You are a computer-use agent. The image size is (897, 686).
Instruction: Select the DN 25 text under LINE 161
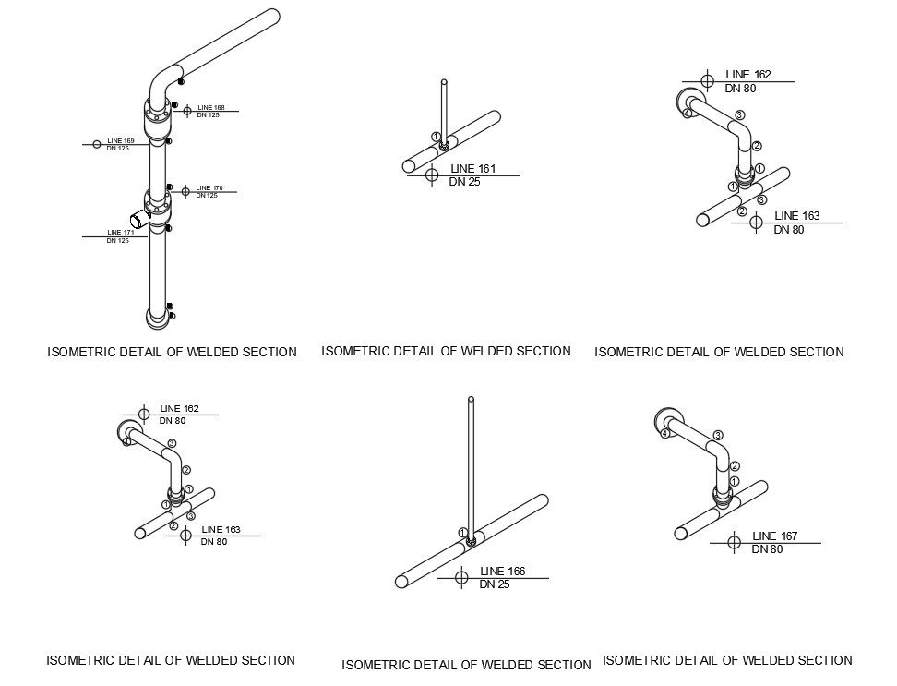[465, 182]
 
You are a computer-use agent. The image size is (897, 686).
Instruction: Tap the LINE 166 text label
[502, 572]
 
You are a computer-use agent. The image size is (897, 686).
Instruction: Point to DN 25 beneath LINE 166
[495, 584]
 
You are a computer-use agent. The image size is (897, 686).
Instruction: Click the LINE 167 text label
[776, 536]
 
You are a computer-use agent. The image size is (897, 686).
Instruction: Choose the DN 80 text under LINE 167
[767, 549]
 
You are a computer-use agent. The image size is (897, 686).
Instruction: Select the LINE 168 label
[211, 108]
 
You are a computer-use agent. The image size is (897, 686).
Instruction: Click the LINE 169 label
[121, 141]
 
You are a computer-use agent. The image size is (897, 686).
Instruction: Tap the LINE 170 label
[209, 188]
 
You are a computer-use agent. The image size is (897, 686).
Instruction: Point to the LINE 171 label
[121, 233]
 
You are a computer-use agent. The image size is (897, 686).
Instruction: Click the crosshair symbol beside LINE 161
[431, 175]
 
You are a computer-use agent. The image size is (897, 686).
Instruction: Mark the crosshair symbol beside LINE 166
[461, 578]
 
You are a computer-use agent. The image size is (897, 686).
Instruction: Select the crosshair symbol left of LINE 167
[734, 542]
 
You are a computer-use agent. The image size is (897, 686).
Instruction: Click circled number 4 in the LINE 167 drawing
[664, 433]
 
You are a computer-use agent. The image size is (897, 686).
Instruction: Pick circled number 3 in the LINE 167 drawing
[717, 435]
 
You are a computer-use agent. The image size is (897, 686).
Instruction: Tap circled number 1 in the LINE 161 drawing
[436, 137]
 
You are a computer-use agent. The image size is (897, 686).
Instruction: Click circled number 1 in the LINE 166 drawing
[461, 533]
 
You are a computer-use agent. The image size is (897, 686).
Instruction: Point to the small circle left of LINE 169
[96, 144]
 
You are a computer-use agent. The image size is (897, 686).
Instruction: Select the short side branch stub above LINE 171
[138, 221]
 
